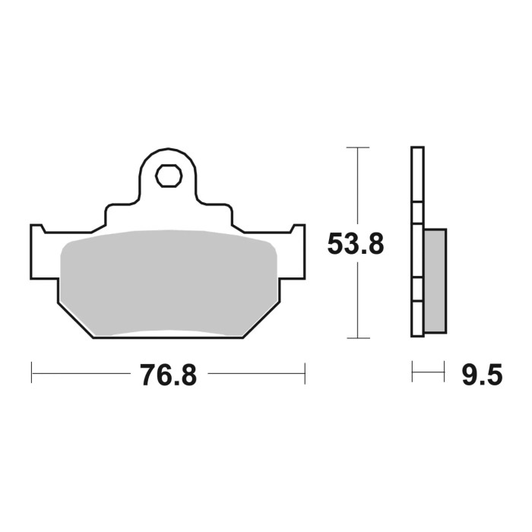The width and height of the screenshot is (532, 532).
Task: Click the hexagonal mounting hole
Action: [168, 176]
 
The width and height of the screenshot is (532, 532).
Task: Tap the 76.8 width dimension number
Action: [168, 375]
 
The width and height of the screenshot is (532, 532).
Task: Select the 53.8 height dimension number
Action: [356, 244]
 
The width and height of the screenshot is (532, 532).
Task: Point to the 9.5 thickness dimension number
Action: [482, 375]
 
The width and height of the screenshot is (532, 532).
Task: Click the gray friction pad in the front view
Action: [168, 281]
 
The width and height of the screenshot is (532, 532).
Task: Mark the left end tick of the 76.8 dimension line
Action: [31, 373]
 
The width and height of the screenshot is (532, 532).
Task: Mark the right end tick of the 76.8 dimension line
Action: [305, 373]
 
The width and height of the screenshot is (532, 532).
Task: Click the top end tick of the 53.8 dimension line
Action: [357, 147]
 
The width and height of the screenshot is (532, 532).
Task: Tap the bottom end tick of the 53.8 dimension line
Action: [357, 337]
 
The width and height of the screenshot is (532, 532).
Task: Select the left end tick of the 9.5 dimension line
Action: [412, 373]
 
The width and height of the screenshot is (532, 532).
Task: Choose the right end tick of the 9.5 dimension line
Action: [444, 373]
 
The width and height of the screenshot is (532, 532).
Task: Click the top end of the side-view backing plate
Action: [415, 149]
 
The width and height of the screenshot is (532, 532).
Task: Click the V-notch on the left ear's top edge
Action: [43, 230]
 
